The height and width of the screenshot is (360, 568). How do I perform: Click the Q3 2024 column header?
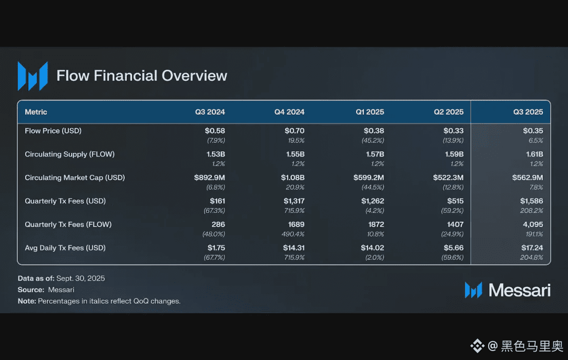pyautogui.click(x=210, y=112)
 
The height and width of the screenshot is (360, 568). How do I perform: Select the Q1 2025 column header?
pyautogui.click(x=370, y=112)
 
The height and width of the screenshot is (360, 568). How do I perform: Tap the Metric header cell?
pyautogui.click(x=36, y=112)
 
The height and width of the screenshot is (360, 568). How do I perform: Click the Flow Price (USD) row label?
pyautogui.click(x=53, y=131)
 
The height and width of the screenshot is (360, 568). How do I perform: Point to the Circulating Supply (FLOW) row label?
pyautogui.click(x=69, y=155)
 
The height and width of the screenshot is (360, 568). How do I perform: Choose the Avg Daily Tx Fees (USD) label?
pyautogui.click(x=65, y=248)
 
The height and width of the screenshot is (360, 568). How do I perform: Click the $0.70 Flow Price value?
pyautogui.click(x=294, y=131)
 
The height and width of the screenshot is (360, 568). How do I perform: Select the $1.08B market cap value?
pyautogui.click(x=292, y=178)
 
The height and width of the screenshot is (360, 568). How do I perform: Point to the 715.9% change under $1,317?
pyautogui.click(x=294, y=211)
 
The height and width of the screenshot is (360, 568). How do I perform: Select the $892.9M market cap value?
pyautogui.click(x=209, y=178)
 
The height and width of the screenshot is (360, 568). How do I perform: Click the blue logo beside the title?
pyautogui.click(x=33, y=76)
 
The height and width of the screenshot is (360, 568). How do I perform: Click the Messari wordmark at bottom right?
pyautogui.click(x=519, y=290)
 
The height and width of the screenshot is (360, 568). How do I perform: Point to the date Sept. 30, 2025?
pyautogui.click(x=80, y=279)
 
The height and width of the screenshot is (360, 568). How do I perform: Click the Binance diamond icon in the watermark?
pyautogui.click(x=478, y=346)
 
